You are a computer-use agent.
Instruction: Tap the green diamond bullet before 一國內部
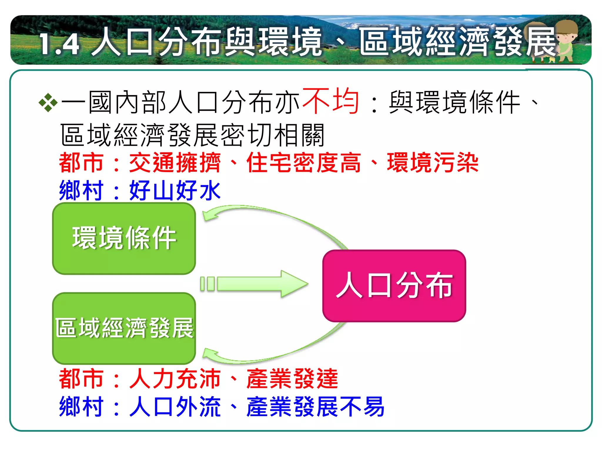[x=48, y=103]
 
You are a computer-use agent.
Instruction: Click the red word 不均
[x=330, y=101]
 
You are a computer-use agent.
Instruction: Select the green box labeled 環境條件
[x=124, y=238]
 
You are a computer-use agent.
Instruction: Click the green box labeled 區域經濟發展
[x=124, y=328]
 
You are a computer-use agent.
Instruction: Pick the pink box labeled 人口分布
[x=394, y=286]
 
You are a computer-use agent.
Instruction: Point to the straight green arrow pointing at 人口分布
[x=255, y=284]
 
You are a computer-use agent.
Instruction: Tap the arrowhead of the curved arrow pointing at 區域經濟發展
[x=209, y=354]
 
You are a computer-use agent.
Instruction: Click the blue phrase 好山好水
[x=175, y=191]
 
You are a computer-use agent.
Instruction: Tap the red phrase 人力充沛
[x=175, y=379]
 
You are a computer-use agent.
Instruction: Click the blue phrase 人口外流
[x=175, y=407]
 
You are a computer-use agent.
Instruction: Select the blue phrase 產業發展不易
[x=315, y=407]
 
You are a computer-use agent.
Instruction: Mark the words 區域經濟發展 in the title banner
[x=457, y=42]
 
